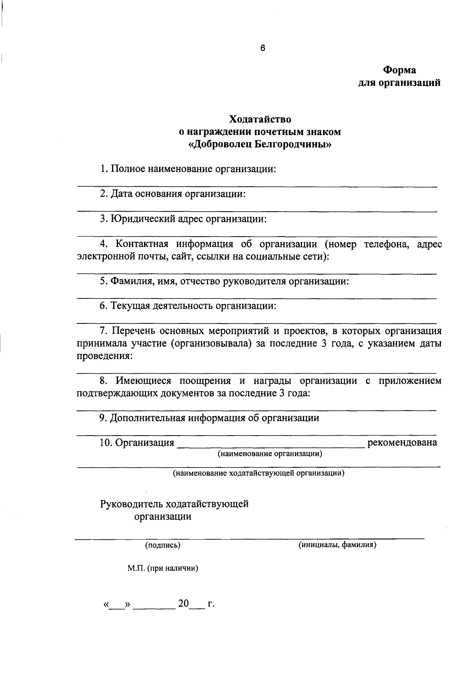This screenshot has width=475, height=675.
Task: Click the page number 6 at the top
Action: [x=262, y=48]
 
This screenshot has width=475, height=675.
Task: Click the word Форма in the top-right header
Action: [x=399, y=70]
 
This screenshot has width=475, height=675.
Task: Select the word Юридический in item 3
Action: [x=141, y=219]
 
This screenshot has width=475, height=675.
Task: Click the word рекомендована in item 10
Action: [x=402, y=442]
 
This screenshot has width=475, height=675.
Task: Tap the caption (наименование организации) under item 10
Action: [x=270, y=454]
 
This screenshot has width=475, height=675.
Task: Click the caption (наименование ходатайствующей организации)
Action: [x=258, y=473]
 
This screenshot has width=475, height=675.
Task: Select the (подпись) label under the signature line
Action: [x=163, y=545]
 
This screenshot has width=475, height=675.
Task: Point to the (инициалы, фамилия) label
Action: [x=337, y=545]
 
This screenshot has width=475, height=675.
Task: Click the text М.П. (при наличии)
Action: [x=163, y=568]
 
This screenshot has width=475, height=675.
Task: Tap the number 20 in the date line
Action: [x=184, y=604]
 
